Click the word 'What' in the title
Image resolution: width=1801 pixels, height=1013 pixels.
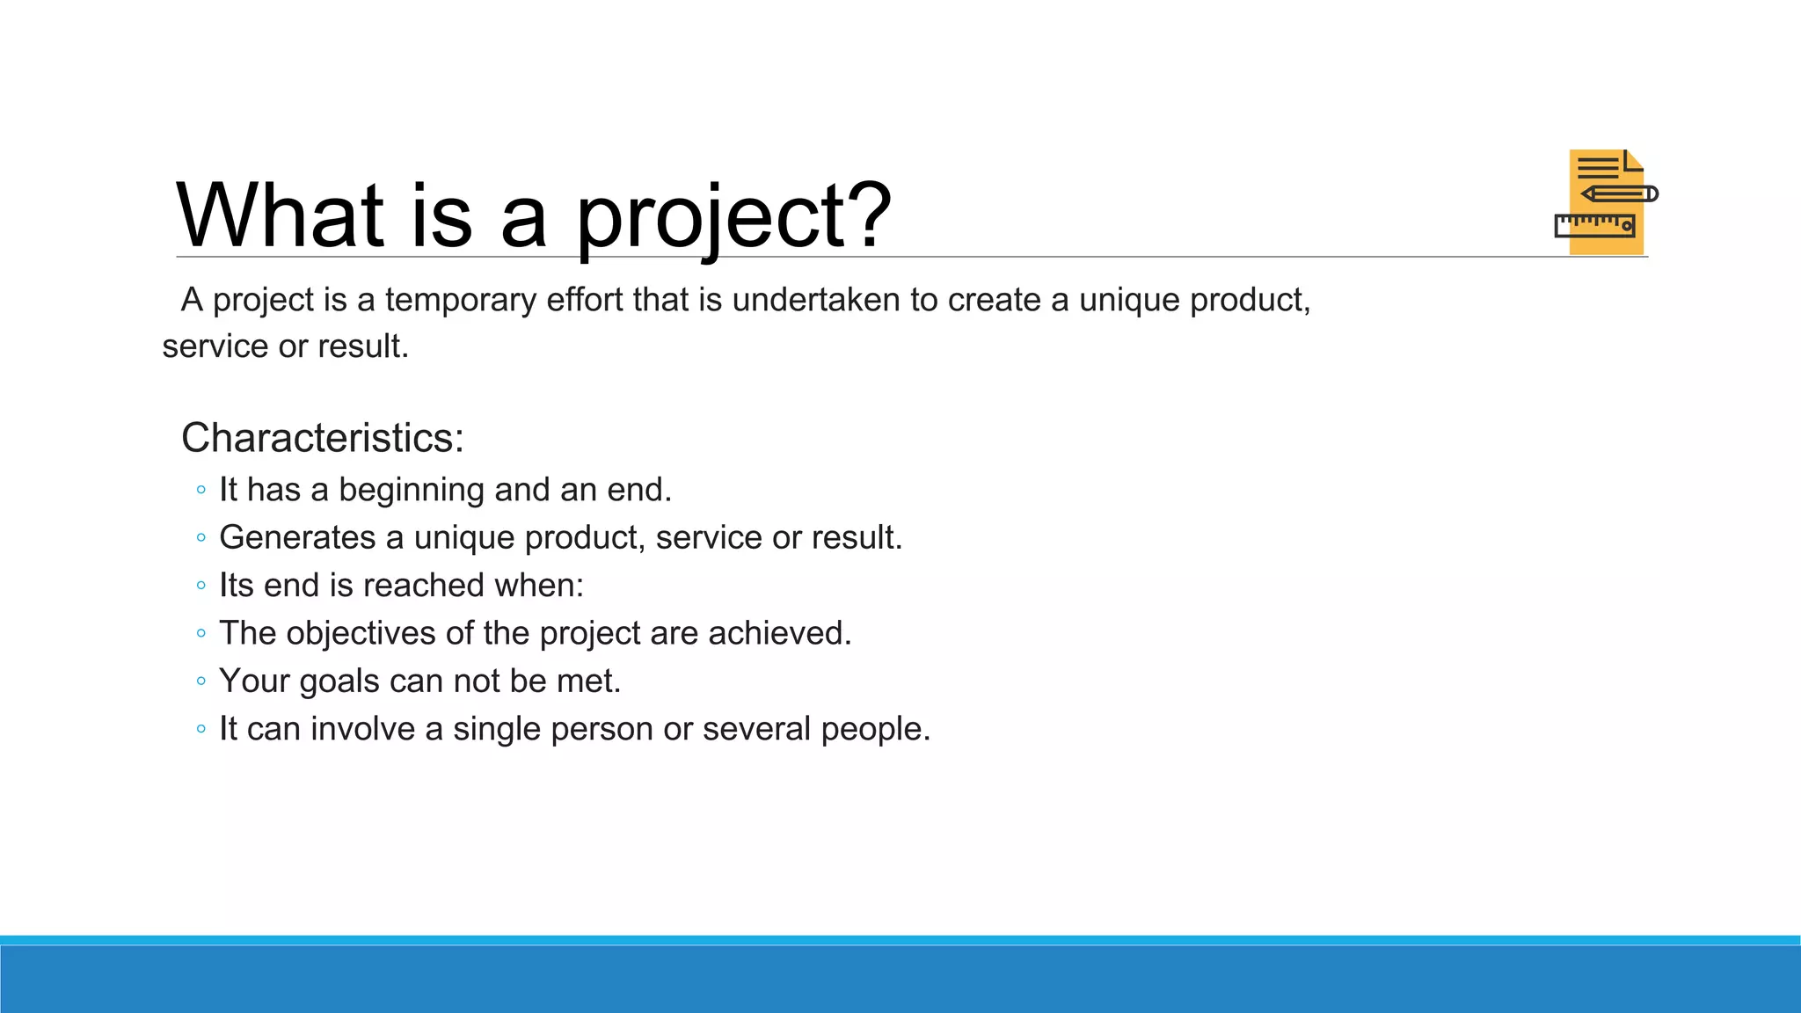[x=280, y=215]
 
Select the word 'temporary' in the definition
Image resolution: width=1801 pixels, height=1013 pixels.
[x=460, y=301]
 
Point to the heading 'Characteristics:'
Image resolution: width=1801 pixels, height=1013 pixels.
[x=322, y=438]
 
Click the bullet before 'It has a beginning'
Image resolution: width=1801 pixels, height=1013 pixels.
[x=201, y=490]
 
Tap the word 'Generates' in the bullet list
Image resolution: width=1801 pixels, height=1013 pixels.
[x=296, y=537]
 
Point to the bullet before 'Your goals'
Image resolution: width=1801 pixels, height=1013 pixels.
[x=201, y=681]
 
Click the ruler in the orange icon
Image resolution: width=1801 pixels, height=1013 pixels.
[x=1594, y=225]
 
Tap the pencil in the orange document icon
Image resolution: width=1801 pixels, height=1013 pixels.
[x=1619, y=193]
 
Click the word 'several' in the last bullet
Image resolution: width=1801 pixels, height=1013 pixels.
[x=756, y=729]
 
